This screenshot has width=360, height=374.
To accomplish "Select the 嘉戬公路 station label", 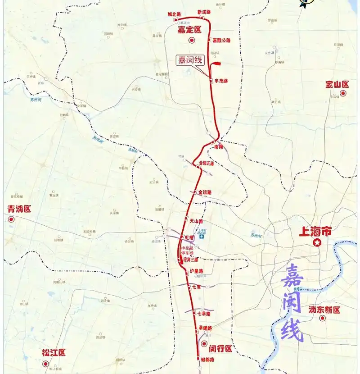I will (x=221, y=41).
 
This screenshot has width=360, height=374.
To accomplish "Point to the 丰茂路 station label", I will (x=221, y=81).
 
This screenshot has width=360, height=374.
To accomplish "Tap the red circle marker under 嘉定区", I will (x=191, y=41).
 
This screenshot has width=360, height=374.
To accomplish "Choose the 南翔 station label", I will (x=219, y=147).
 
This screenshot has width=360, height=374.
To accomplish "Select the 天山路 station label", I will (x=196, y=221).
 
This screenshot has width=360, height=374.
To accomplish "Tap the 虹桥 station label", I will (x=189, y=237).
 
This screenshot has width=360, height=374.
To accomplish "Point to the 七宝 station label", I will (x=196, y=287).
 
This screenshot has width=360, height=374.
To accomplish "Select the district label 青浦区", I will (x=19, y=209).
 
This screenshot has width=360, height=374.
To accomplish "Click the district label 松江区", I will (x=54, y=352).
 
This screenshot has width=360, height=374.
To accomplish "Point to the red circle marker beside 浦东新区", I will (x=322, y=318).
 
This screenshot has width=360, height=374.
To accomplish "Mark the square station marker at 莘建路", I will (x=197, y=332).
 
